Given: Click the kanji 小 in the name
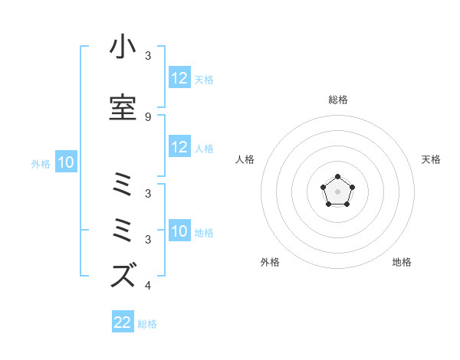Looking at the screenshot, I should pos(123,47).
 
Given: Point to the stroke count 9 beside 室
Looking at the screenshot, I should pos(148,116).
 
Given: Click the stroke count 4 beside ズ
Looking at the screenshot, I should pos(148,286).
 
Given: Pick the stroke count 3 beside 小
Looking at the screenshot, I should pos(148,57).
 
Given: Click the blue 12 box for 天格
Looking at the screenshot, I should pos(179,78).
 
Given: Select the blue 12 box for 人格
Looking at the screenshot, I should pos(179,147).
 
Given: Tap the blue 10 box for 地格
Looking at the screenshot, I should pos(179,231).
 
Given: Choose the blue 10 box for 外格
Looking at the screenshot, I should pos(66,162).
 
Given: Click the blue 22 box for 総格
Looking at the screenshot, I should pos(123,322).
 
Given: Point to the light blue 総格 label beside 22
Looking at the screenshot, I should pos(147,324).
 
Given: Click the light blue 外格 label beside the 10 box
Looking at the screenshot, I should pos(41,163).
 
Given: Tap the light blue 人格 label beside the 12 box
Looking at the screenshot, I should pos(204,148).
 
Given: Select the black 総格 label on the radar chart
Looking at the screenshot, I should pos(337,100).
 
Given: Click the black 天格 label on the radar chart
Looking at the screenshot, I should pos(432,159).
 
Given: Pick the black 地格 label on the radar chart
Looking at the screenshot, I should pos(402,262).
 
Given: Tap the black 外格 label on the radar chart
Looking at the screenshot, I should pos(270,262).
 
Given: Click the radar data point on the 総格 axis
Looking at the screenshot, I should pos(337,178).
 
